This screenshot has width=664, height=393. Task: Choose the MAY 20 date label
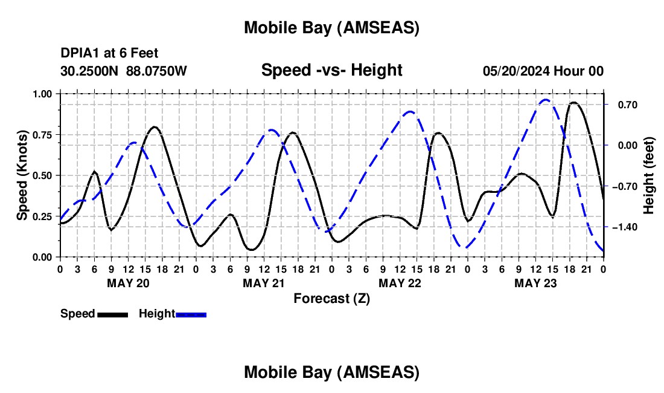click(128, 283)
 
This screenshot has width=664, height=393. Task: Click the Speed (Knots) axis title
click(22, 175)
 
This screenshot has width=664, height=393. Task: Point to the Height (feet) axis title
click(649, 175)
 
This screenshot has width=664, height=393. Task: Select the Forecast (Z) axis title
click(331, 298)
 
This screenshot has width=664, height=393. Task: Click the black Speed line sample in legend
click(112, 314)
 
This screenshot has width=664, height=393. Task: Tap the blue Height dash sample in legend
click(191, 314)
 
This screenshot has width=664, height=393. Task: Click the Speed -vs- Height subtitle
click(331, 70)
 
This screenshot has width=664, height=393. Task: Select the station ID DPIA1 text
click(80, 54)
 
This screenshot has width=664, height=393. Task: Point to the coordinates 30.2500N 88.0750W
click(124, 71)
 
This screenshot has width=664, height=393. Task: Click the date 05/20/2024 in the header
click(516, 71)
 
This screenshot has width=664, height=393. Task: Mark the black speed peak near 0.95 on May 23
click(573, 103)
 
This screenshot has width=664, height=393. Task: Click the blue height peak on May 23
click(546, 100)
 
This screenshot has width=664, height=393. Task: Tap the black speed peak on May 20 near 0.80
click(155, 127)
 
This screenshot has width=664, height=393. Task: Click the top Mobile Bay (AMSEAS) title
click(331, 27)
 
